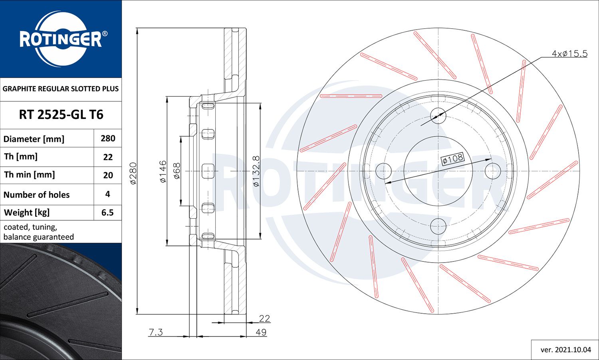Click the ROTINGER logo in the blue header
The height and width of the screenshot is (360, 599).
[61, 39]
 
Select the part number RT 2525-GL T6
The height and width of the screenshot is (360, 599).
[61, 115]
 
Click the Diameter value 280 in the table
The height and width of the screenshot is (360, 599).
[108, 138]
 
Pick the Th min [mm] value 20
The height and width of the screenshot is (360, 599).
[108, 175]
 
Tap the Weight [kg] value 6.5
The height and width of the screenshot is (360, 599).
[107, 212]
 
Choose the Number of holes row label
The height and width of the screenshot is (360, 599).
[36, 194]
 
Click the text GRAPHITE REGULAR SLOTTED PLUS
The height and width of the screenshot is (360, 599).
[61, 89]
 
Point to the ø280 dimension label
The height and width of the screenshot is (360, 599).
[133, 173]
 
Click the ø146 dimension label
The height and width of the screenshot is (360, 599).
[163, 172]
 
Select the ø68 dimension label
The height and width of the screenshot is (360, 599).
[177, 171]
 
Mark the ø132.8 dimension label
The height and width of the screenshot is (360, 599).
[256, 172]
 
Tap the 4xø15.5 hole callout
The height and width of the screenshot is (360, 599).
[569, 53]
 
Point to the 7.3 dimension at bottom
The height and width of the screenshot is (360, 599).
[155, 332]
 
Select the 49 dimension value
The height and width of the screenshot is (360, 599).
[261, 332]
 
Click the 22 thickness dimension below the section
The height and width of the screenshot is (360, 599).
[264, 318]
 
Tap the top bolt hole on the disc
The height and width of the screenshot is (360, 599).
[438, 115]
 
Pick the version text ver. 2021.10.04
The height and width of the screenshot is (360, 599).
[565, 350]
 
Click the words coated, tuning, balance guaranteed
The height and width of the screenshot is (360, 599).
[38, 232]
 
